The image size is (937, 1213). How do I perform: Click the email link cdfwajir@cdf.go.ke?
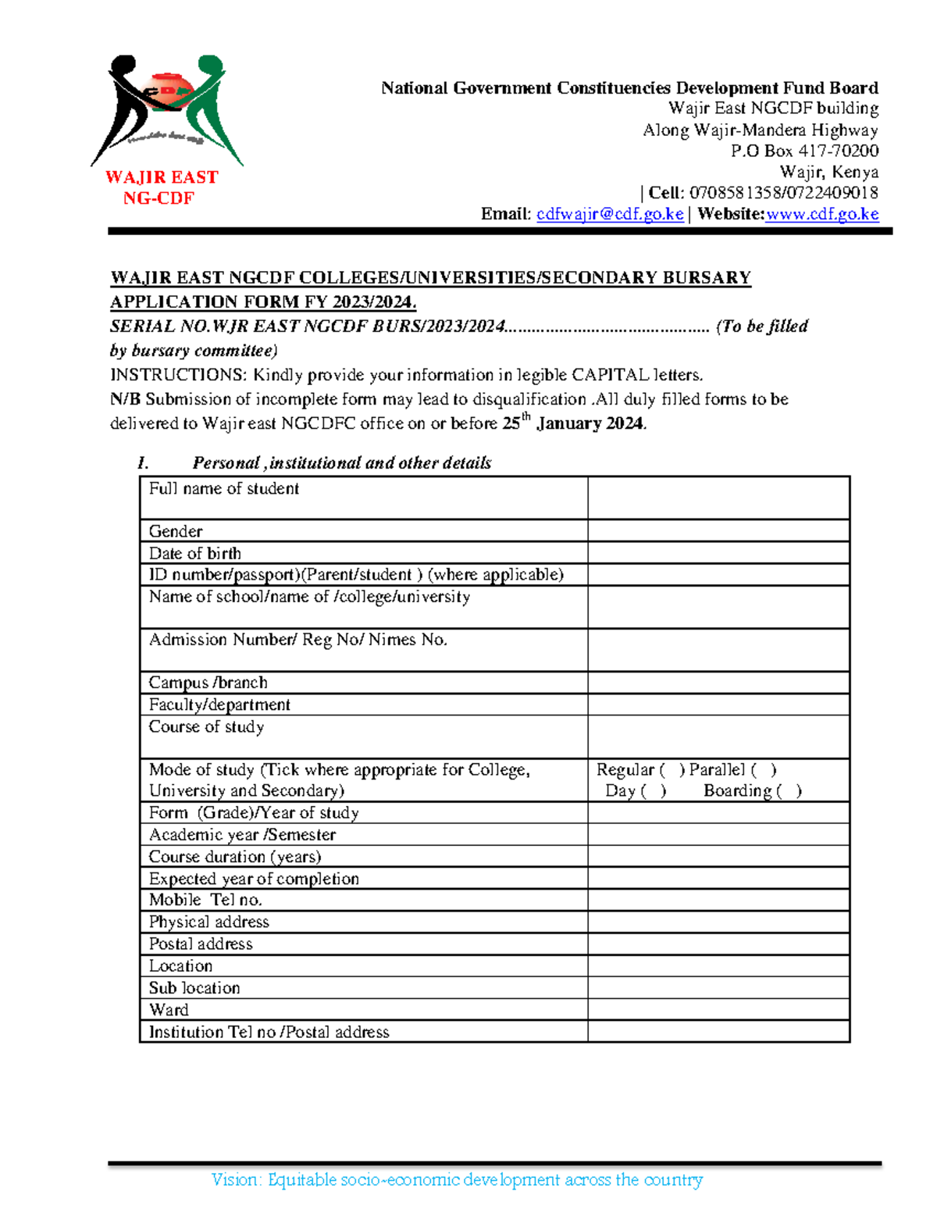click(x=610, y=214)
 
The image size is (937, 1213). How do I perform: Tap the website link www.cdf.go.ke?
click(x=822, y=214)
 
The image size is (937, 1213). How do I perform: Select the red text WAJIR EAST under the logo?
click(x=162, y=177)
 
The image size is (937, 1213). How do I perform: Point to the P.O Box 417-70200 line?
click(x=804, y=151)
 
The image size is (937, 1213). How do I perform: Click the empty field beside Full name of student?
click(x=718, y=498)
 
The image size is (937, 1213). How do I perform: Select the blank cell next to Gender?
click(x=718, y=531)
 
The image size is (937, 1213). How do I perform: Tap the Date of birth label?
click(x=195, y=553)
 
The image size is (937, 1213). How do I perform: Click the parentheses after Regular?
click(x=672, y=770)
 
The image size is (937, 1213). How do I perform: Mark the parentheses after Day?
click(x=654, y=791)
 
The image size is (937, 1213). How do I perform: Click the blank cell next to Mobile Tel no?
click(x=718, y=900)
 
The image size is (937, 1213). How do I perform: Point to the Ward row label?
click(x=169, y=1009)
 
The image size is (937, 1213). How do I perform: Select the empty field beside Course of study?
click(x=718, y=737)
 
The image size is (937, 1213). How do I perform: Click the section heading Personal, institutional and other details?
click(x=341, y=463)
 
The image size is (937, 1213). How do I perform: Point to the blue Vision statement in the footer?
click(x=457, y=1179)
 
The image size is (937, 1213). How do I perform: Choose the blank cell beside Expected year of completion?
click(x=718, y=878)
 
